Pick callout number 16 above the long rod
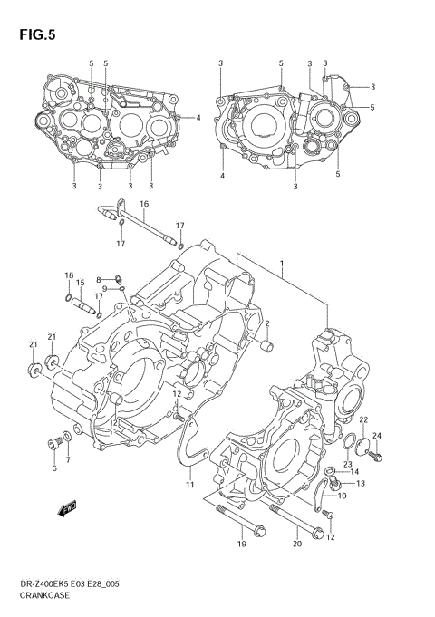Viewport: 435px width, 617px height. [x=143, y=205]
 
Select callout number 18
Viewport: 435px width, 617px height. [x=68, y=275]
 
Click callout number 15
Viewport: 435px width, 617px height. [x=80, y=283]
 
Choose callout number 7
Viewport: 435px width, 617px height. [x=68, y=459]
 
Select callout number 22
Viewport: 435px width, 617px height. [x=363, y=419]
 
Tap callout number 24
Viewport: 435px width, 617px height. [x=378, y=436]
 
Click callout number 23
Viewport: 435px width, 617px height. [x=347, y=464]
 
